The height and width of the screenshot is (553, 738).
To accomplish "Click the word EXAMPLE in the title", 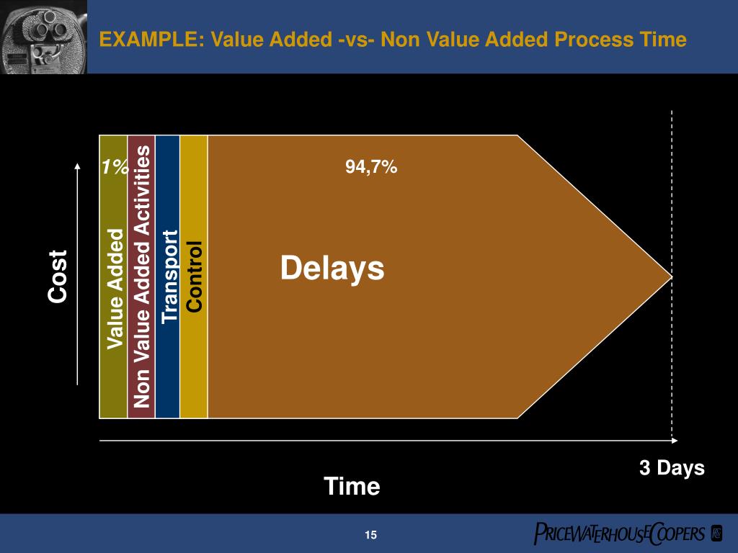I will [x=143, y=40].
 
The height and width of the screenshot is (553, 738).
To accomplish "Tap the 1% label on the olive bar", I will [x=114, y=168].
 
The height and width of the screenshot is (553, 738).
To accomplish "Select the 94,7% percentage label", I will [x=371, y=167].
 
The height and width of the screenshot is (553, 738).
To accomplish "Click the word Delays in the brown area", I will [x=332, y=269].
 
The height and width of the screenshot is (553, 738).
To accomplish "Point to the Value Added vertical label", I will [x=115, y=289].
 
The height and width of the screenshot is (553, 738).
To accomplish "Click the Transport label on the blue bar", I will [x=169, y=276].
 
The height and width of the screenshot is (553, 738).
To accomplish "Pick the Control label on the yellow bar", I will [x=194, y=276].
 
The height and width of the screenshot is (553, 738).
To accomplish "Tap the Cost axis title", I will [x=58, y=276].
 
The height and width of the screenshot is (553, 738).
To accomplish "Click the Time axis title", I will [x=352, y=487].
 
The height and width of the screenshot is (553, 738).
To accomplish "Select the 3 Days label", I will [x=672, y=468].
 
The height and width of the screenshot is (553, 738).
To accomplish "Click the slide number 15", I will [x=370, y=534].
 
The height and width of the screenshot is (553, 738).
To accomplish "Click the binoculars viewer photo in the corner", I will [x=43, y=36].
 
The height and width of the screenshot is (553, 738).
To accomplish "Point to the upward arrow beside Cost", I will [x=77, y=274].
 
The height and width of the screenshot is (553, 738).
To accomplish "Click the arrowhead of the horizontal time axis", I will [x=674, y=440].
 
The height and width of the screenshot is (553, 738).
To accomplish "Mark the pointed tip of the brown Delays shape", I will [x=670, y=276].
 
